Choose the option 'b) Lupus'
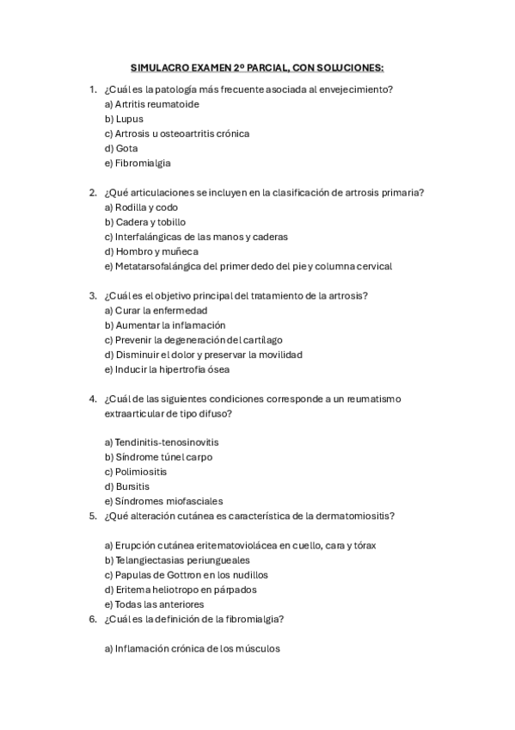click(124, 119)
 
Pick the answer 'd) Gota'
click(121, 148)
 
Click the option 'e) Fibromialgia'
click(138, 163)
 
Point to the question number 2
click(92, 193)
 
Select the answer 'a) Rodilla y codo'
click(141, 207)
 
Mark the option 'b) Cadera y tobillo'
click(144, 222)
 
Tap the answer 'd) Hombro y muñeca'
click(150, 251)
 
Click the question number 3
click(92, 295)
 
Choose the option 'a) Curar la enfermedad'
click(156, 310)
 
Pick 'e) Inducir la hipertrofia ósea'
click(167, 369)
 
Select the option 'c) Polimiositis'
click(136, 472)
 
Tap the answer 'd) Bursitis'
click(126, 486)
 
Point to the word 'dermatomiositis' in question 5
click(354, 516)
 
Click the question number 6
click(92, 619)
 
